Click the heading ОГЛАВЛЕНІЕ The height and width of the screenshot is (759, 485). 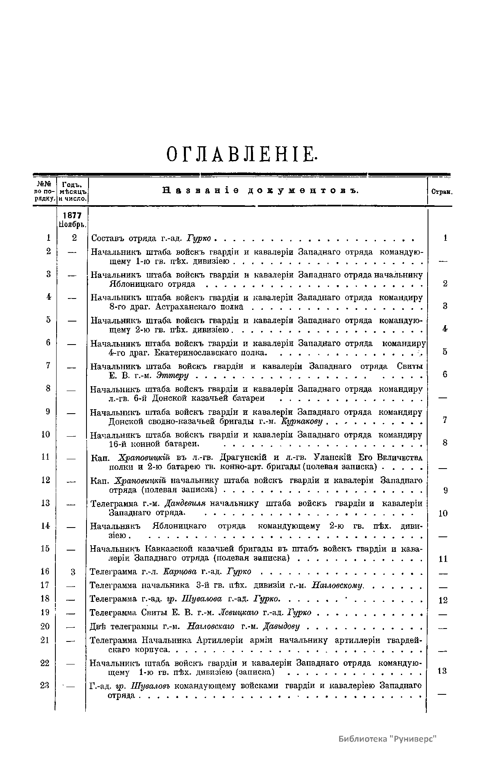(x=241, y=155)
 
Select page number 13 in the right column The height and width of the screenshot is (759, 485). (x=443, y=671)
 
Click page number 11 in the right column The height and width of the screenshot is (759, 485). (x=443, y=559)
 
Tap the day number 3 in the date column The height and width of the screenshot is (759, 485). (x=73, y=572)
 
